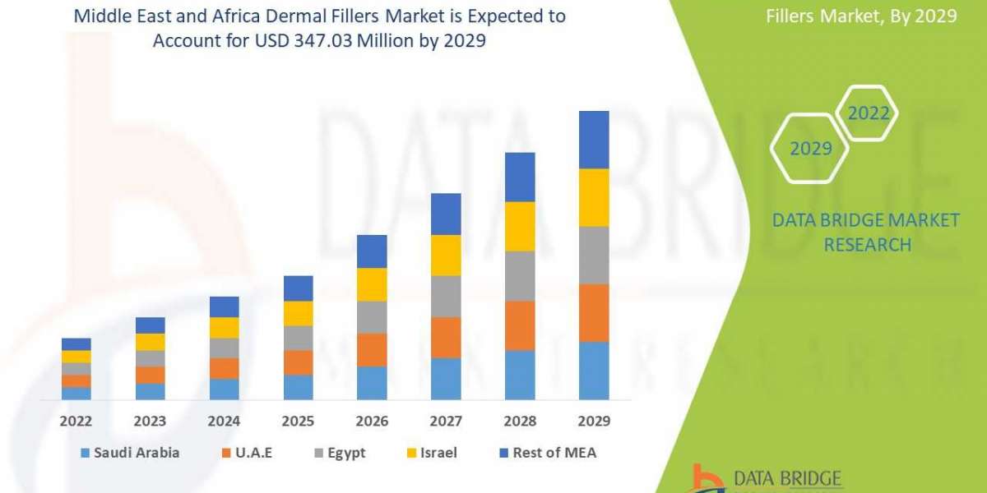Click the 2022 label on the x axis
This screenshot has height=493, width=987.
(76, 422)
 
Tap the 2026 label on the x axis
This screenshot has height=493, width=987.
(372, 422)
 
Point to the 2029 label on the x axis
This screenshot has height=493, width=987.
(594, 422)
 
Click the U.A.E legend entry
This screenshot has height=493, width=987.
(251, 453)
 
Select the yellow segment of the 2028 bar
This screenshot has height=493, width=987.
(520, 226)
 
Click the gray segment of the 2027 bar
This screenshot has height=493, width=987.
(446, 297)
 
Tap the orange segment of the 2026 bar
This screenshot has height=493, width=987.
(372, 350)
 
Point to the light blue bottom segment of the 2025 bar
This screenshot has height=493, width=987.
(298, 387)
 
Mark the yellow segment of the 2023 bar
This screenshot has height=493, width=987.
(150, 342)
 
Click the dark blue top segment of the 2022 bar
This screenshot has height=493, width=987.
(76, 344)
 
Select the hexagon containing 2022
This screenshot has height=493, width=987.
(869, 113)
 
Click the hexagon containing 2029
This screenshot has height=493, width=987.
(810, 149)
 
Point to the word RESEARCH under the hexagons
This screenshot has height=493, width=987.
(867, 245)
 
